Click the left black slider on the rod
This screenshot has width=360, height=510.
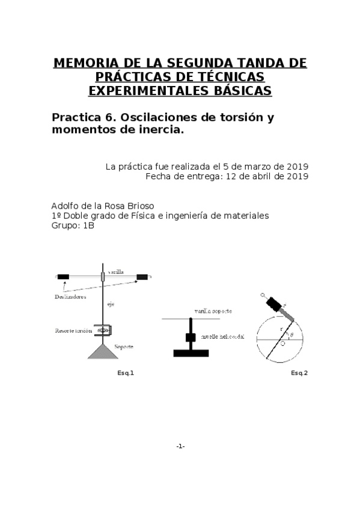click(63, 277)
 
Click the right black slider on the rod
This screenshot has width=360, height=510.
click(142, 277)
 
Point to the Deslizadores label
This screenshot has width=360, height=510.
click(70, 297)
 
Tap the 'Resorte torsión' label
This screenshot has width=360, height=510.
click(73, 331)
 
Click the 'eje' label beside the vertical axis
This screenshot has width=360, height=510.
click(111, 304)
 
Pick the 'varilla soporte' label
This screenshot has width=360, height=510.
click(213, 311)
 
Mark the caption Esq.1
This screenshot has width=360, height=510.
click(126, 373)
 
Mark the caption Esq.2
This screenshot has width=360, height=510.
click(299, 373)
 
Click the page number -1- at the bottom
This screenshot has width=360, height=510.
click(180, 446)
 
